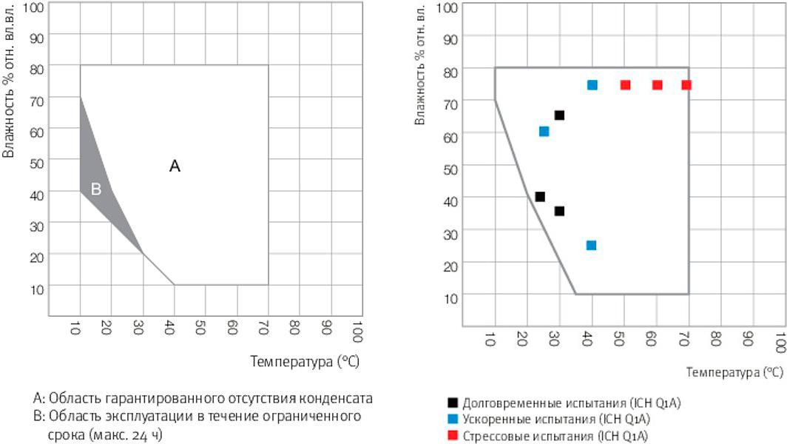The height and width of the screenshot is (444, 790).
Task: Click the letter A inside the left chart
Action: point(175,166)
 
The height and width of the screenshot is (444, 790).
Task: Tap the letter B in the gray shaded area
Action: point(95,189)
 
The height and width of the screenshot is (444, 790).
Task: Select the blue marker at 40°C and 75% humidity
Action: point(592,85)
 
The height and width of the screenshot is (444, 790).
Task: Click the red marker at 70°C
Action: point(686,85)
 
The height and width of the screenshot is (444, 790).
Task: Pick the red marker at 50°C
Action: point(625,85)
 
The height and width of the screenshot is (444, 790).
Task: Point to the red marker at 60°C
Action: point(657,85)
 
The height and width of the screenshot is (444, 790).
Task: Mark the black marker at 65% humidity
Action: point(559,115)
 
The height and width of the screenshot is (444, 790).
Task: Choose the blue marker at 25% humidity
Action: point(591,245)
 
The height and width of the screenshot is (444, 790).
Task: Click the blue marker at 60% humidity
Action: point(544,132)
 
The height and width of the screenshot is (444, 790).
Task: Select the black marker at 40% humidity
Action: point(540,197)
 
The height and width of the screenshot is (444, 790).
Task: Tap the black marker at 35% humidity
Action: point(559,211)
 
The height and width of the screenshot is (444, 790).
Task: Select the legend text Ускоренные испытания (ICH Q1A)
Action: point(556,420)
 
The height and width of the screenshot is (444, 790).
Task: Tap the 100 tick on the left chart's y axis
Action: point(35,7)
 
